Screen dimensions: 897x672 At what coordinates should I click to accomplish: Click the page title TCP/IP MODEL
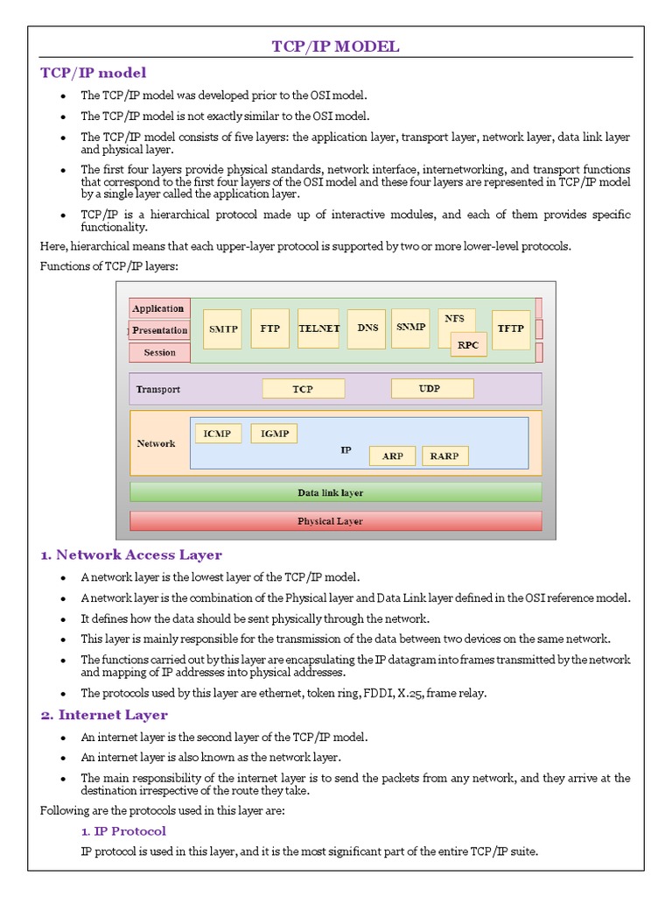335,46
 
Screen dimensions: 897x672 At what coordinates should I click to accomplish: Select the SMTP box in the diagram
221,329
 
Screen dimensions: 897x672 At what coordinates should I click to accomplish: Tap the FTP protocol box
269,328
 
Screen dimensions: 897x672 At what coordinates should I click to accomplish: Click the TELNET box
318,328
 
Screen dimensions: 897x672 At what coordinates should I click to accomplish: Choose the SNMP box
410,327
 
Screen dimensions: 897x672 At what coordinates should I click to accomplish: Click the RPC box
468,345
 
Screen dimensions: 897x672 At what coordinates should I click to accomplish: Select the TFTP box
510,328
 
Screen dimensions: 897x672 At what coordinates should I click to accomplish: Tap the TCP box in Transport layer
303,389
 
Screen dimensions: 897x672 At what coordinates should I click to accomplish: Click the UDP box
431,388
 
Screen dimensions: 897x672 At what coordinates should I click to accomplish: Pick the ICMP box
218,434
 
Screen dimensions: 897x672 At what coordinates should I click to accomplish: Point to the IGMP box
274,434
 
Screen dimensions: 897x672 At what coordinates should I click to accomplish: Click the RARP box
445,456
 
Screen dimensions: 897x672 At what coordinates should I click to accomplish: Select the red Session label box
159,352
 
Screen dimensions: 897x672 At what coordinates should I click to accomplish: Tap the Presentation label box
159,330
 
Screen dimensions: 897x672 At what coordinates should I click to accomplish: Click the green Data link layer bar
335,492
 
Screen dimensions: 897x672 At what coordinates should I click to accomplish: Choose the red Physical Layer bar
335,521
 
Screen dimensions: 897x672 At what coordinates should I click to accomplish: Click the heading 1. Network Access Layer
131,554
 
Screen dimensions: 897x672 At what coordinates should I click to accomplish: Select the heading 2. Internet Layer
104,715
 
